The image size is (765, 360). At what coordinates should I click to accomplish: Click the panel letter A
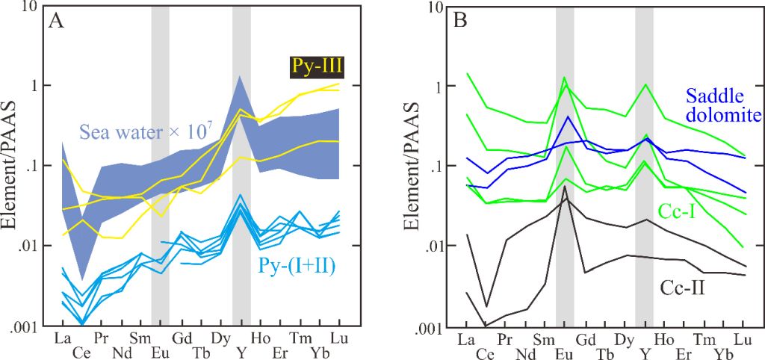pyautogui.click(x=55, y=21)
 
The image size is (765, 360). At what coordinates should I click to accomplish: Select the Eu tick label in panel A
pyautogui.click(x=160, y=351)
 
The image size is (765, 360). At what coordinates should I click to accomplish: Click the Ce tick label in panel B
pyautogui.click(x=486, y=352)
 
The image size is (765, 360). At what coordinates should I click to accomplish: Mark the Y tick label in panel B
pyautogui.click(x=643, y=352)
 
